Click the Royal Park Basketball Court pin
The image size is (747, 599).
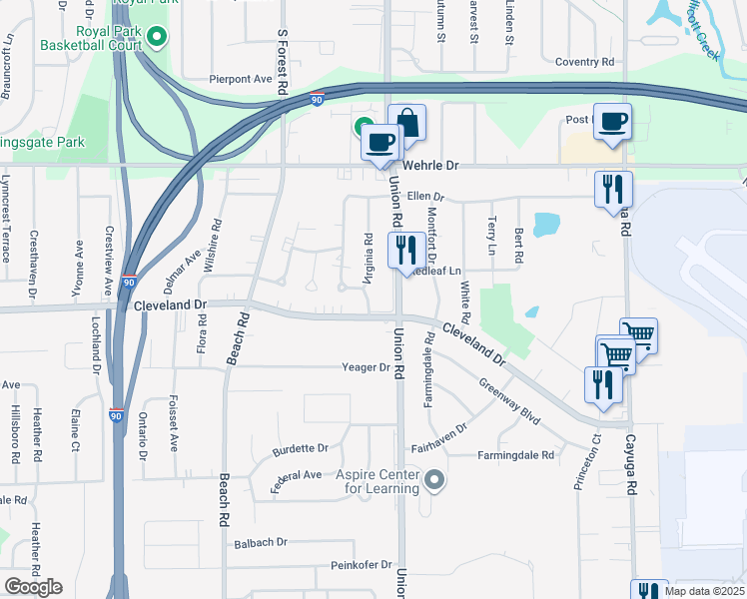(x=157, y=38)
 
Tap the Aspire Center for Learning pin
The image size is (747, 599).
(x=433, y=481)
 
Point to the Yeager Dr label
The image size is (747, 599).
(x=366, y=367)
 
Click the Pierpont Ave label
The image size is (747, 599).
(x=241, y=78)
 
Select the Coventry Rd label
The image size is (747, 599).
(x=584, y=62)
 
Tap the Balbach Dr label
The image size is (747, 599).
(x=261, y=542)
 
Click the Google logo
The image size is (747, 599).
(x=33, y=587)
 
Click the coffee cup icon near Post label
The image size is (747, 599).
(x=612, y=122)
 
